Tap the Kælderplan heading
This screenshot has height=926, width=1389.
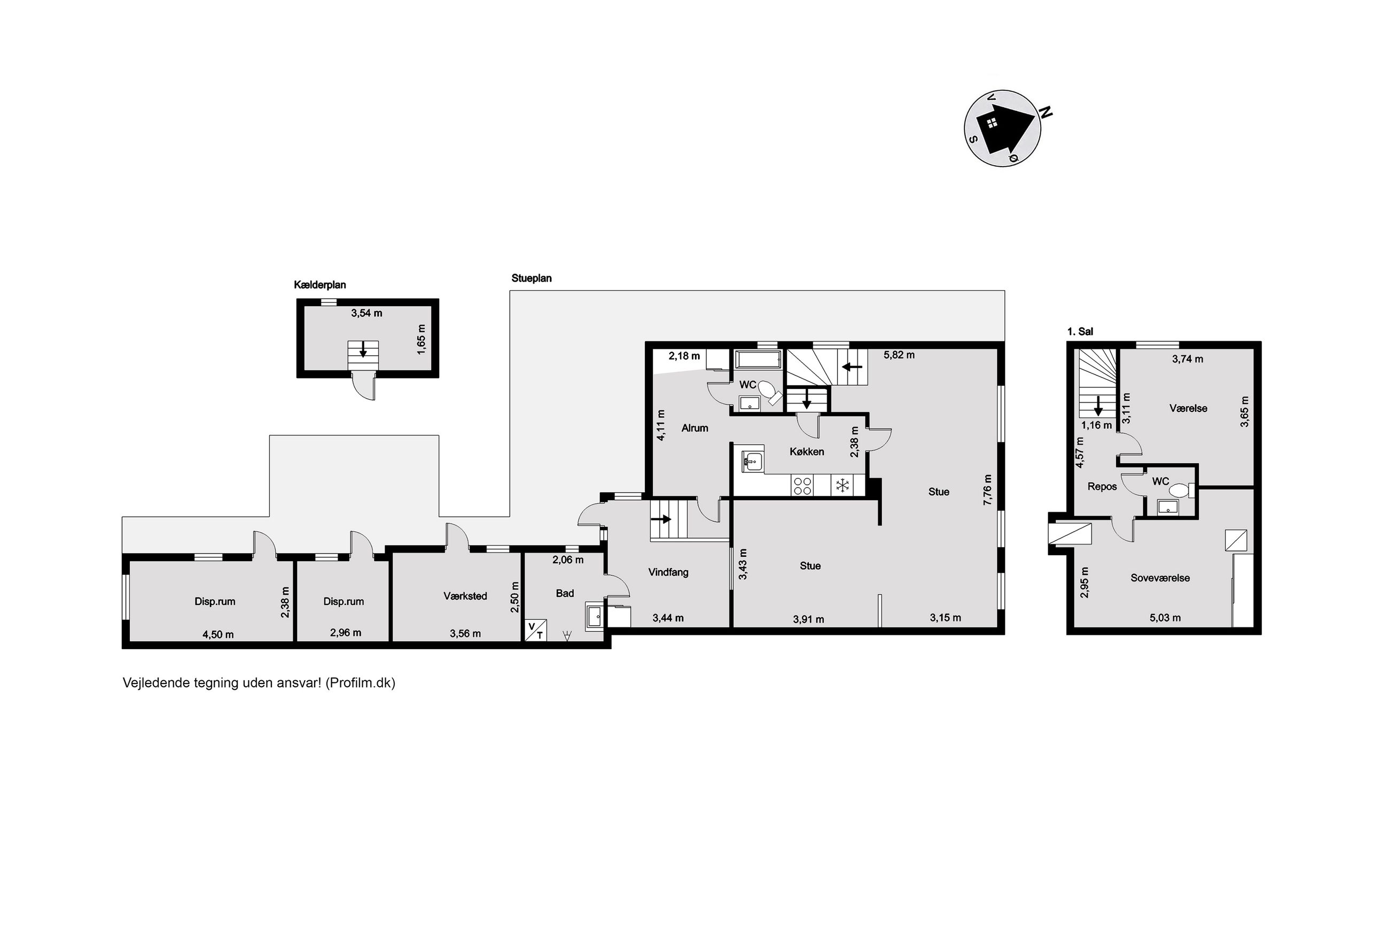point(320,285)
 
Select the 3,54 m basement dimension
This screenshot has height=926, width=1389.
point(366,313)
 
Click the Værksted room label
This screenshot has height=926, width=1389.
point(465,596)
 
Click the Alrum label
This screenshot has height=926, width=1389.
point(695,428)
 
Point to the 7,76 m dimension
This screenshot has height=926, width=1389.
point(988,489)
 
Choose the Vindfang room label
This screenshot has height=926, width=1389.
point(668,572)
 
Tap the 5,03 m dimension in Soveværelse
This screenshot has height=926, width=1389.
point(1165,618)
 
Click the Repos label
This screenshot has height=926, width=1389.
point(1102,487)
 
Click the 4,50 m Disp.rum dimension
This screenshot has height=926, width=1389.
point(218,634)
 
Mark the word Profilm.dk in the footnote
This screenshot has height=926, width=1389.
point(360,683)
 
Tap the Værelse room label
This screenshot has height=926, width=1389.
point(1188,408)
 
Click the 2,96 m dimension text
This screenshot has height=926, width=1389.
point(345,633)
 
